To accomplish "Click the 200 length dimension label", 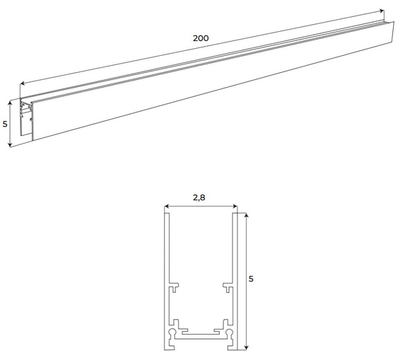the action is pyautogui.click(x=201, y=38).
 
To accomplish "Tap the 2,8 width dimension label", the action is pyautogui.click(x=199, y=198).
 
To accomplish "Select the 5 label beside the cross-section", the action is pyautogui.click(x=251, y=279).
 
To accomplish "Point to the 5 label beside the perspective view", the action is pyautogui.click(x=5, y=124).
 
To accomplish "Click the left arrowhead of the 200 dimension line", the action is pyautogui.click(x=22, y=83).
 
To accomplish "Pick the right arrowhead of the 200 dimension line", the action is pyautogui.click(x=382, y=11).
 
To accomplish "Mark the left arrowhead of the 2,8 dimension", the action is pyautogui.click(x=167, y=206).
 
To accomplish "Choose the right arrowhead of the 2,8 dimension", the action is pyautogui.click(x=235, y=206).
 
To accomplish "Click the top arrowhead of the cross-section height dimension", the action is pyautogui.click(x=246, y=215).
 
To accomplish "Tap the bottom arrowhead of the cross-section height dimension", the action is pyautogui.click(x=246, y=348).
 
